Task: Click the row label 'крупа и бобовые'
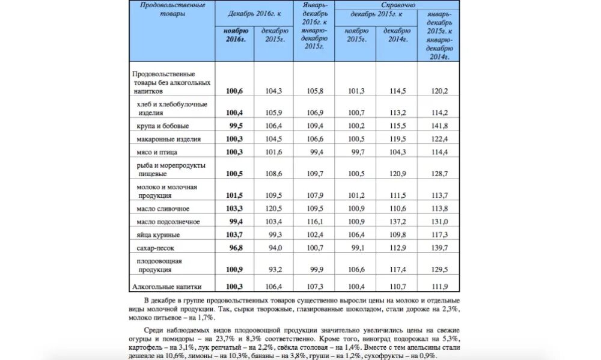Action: pos(163,126)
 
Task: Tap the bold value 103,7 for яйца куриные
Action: pos(234,235)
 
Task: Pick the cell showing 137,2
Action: pos(397,222)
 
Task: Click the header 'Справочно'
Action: pos(397,4)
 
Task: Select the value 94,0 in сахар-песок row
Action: pos(273,248)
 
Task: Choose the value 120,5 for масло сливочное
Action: pos(273,209)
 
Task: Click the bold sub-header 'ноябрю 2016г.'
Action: pos(234,35)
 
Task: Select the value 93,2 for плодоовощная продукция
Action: pos(273,269)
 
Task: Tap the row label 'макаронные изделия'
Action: pos(168,139)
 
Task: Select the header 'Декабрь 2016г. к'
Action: pos(254,13)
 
